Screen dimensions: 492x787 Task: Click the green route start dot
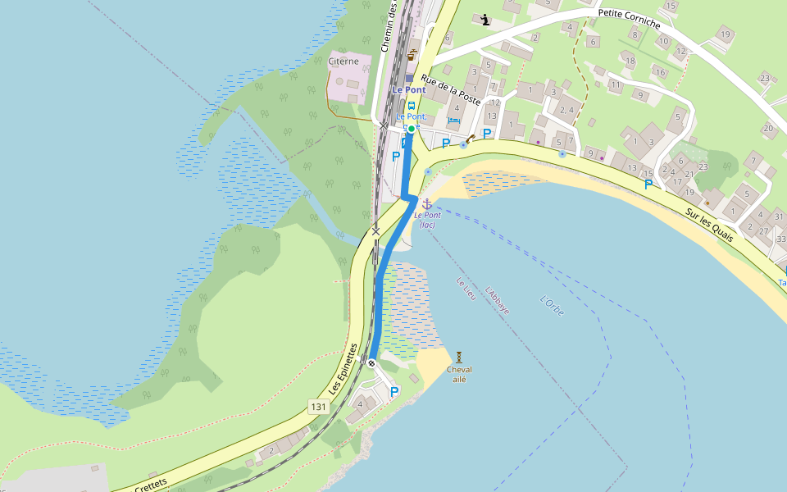[412, 128]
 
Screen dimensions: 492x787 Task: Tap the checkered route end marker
[372, 362]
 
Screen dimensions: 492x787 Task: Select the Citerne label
[343, 61]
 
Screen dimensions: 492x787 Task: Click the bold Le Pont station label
[408, 89]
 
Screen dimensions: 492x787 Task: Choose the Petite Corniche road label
[630, 18]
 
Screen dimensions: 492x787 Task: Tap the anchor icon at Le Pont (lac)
[426, 203]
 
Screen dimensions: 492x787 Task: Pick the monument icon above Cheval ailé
[459, 357]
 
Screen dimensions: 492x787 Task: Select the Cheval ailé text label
[459, 374]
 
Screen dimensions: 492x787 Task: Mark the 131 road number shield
[319, 407]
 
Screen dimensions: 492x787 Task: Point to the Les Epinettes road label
[346, 367]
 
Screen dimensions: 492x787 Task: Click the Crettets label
[149, 481]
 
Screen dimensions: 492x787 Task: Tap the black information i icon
[485, 20]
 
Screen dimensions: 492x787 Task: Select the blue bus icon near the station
[412, 105]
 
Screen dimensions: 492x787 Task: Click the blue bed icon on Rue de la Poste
[454, 122]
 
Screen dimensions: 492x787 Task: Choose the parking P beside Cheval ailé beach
[394, 392]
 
